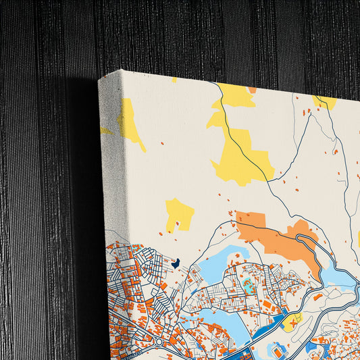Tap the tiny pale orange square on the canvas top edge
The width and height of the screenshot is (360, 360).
pos(252,90)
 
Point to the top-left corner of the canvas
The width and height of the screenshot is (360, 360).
pos(100,78)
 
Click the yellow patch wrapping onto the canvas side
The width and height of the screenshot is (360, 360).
pos(128,122)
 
